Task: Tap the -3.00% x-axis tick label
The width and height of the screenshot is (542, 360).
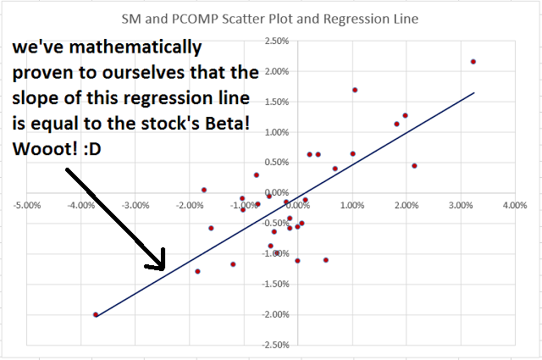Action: pos(135,204)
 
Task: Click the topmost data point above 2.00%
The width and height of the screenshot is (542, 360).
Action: pos(473,61)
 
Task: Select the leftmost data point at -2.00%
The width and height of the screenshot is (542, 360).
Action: pos(96,314)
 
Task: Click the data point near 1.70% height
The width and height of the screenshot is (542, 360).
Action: pos(355,90)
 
